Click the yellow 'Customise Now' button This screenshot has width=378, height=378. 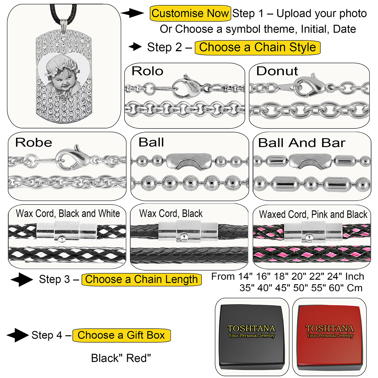coord(190,13)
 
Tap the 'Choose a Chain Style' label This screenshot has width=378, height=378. coord(257,47)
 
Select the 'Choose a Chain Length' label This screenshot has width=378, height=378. coord(141,279)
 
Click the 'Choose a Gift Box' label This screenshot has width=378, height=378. coord(121,335)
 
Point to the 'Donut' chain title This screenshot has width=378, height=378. coord(277,71)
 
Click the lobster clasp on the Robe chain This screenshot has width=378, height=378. coord(69,156)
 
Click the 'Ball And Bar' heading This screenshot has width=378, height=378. coord(302,143)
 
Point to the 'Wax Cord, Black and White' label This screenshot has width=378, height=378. coord(68,214)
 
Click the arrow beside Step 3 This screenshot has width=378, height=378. coord(22,280)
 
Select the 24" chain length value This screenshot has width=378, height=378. coord(334,277)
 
